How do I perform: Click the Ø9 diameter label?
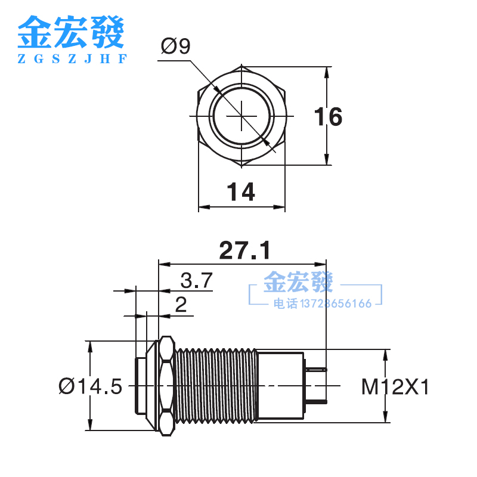[175, 46]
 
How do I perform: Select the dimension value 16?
[328, 117]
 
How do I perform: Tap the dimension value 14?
[241, 192]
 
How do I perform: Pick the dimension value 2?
[181, 305]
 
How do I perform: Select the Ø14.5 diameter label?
[90, 387]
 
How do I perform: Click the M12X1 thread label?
[395, 388]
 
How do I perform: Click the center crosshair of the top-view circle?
[241, 114]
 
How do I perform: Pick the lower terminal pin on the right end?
[316, 403]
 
